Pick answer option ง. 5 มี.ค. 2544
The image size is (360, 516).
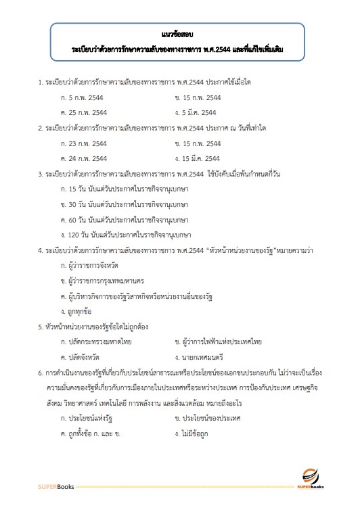click(195, 112)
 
